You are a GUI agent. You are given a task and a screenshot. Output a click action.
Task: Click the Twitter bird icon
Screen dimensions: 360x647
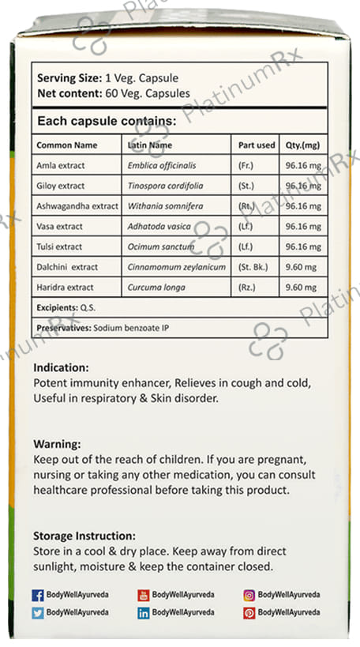tap(38, 612)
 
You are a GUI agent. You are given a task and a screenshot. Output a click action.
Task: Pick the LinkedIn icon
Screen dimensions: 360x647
tap(144, 612)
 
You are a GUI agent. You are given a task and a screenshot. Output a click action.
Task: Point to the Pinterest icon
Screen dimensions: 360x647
tap(249, 612)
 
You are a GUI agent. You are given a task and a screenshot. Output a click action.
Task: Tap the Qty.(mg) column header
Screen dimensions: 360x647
tap(302, 145)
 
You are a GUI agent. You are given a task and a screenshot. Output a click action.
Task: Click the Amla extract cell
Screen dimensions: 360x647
tap(60, 165)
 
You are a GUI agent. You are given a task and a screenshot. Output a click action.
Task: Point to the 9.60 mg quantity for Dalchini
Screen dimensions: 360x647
tap(300, 267)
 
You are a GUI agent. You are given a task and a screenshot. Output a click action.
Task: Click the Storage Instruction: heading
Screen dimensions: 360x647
tap(84, 536)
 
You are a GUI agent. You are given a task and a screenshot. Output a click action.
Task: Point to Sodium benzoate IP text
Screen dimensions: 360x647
tap(133, 326)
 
